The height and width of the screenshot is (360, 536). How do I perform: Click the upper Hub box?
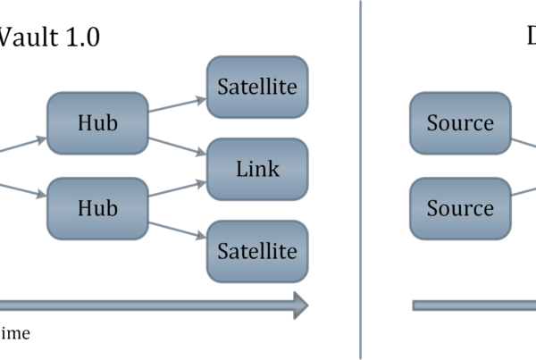point(97,122)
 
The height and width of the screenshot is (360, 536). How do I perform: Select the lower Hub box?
point(97,208)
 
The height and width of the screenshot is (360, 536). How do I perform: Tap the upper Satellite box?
point(257,87)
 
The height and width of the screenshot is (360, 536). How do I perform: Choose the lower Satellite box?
point(257,251)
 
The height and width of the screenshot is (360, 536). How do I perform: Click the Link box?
point(257,169)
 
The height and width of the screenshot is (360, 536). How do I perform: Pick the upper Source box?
point(460,122)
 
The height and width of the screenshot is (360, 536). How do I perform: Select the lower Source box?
point(460,208)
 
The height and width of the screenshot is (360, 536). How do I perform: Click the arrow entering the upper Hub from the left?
point(22,144)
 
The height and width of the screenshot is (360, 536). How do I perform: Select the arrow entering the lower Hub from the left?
point(22,188)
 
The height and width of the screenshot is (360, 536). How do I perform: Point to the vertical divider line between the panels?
point(361,179)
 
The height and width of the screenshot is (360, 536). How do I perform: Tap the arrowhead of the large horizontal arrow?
point(300,306)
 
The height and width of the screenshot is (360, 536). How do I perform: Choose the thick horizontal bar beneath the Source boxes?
point(473,306)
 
